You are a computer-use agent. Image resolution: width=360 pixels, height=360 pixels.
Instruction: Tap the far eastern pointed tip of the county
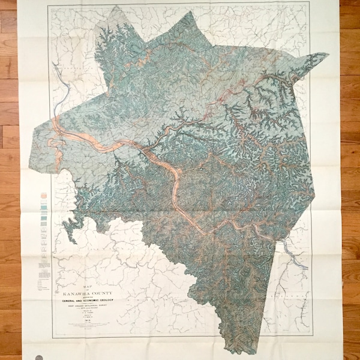pyautogui.click(x=328, y=55)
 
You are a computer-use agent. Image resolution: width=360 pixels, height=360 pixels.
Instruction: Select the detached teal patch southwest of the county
pyautogui.click(x=73, y=226)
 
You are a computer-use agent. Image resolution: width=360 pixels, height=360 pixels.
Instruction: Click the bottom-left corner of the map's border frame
pyautogui.click(x=52, y=337)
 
